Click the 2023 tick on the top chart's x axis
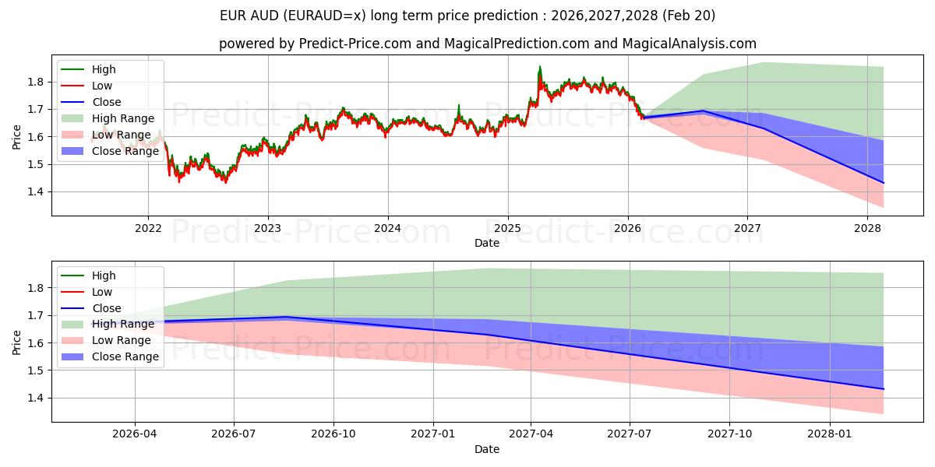click(268, 228)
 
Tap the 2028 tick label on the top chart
click(867, 228)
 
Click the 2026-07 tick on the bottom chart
click(235, 434)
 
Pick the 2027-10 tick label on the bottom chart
click(731, 434)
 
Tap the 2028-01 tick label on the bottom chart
click(830, 434)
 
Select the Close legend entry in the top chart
click(107, 102)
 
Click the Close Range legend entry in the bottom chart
click(125, 356)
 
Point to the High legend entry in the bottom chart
click(104, 276)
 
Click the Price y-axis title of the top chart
click(17, 136)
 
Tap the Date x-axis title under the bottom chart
click(487, 449)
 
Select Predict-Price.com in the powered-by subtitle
click(355, 44)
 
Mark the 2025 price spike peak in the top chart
click(539, 67)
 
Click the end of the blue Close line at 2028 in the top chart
click(884, 183)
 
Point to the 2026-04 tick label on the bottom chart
click(136, 434)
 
